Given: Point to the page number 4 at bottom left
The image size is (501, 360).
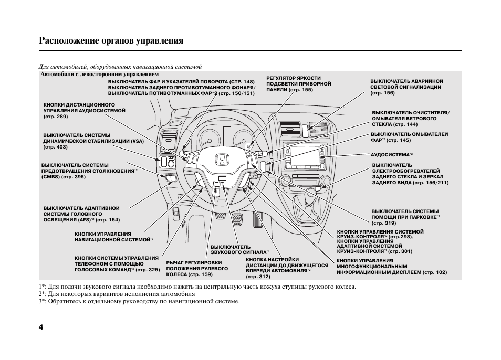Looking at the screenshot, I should pyautogui.click(x=41, y=327).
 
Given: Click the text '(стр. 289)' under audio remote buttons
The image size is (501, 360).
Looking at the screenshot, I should pyautogui.click(x=56, y=117).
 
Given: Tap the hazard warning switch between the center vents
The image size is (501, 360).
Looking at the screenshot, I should pyautogui.click(x=305, y=130).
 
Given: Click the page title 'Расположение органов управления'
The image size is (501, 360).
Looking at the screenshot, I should pyautogui.click(x=111, y=40).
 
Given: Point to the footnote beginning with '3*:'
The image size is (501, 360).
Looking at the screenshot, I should pyautogui.click(x=139, y=302).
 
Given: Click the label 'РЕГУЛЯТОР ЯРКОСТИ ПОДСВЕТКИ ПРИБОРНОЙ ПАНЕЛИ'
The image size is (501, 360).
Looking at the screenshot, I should pyautogui.click(x=298, y=84).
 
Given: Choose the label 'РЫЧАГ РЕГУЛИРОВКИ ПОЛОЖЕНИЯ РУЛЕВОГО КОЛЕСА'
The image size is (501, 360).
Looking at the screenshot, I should pyautogui.click(x=197, y=268).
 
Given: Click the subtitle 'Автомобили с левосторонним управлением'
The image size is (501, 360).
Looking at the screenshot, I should pyautogui.click(x=96, y=75).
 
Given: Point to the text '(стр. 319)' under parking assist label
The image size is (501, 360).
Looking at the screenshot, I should pyautogui.click(x=384, y=223).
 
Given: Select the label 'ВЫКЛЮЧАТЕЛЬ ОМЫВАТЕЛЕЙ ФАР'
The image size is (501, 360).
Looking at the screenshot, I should pyautogui.click(x=410, y=137).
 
